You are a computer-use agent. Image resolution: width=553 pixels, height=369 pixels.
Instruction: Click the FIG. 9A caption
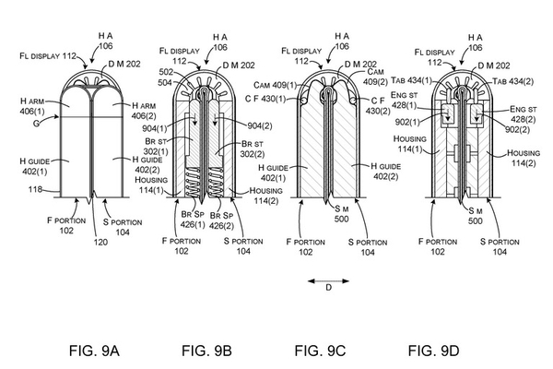pyautogui.click(x=94, y=351)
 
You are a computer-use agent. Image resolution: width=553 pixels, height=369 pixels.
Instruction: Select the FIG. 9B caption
pyautogui.click(x=207, y=351)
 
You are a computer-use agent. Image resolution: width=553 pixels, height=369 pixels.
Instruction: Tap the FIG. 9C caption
pyautogui.click(x=320, y=351)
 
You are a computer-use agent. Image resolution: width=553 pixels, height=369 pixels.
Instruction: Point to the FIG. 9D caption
pyautogui.click(x=434, y=351)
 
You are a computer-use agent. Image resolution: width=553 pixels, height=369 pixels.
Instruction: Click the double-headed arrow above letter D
pyautogui.click(x=328, y=281)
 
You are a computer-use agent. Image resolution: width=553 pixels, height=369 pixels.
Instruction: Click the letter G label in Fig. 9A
pyautogui.click(x=36, y=124)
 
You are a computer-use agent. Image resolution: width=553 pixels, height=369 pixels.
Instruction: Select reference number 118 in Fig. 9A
pyautogui.click(x=35, y=190)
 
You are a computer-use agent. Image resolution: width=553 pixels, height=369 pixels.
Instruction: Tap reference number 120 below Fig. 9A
pyautogui.click(x=100, y=242)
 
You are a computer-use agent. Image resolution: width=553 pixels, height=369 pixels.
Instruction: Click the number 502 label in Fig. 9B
pyautogui.click(x=166, y=72)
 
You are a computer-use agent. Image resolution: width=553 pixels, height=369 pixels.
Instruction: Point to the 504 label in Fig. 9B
pyautogui.click(x=165, y=83)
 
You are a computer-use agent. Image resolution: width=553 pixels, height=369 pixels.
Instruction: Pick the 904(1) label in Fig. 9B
pyautogui.click(x=155, y=128)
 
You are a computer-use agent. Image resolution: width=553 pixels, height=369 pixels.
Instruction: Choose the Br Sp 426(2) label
pyautogui.click(x=222, y=220)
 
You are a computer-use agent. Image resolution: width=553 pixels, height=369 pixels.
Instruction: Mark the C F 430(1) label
pyautogui.click(x=265, y=99)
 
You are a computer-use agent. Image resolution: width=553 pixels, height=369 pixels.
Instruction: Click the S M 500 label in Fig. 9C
pyautogui.click(x=341, y=214)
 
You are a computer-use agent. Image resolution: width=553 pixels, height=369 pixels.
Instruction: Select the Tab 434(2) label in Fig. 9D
pyautogui.click(x=512, y=81)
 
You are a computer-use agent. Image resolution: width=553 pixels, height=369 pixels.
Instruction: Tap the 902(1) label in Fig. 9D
pyautogui.click(x=407, y=122)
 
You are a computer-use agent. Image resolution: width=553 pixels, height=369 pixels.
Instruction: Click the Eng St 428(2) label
pyautogui.click(x=524, y=114)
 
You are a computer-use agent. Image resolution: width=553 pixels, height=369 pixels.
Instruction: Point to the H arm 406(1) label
pyautogui.click(x=32, y=106)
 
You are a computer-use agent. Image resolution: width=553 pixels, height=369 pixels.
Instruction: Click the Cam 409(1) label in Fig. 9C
pyautogui.click(x=276, y=85)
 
